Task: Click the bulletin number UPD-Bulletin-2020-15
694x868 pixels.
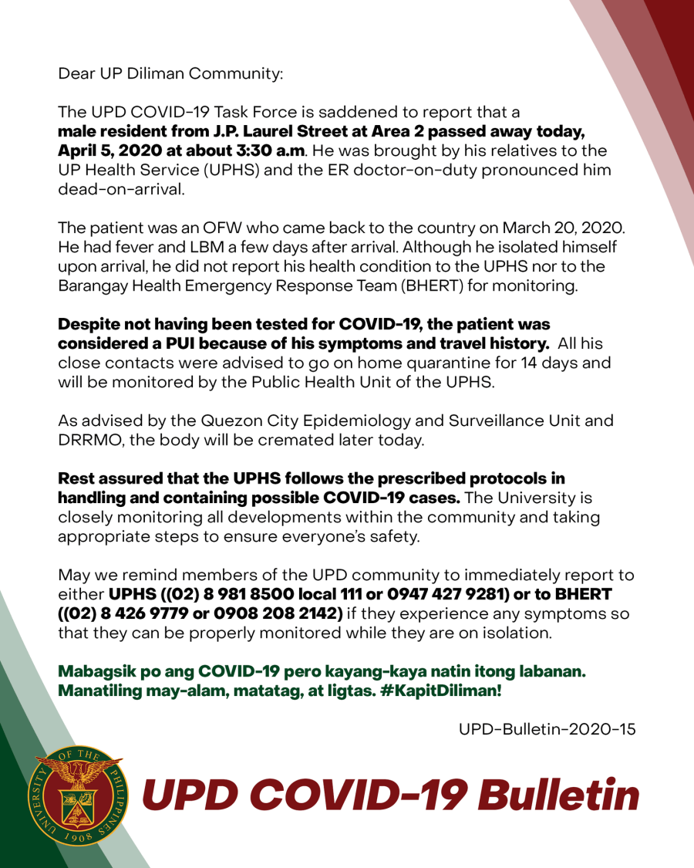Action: [547, 729]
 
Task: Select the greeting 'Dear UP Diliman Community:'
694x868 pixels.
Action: [170, 74]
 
